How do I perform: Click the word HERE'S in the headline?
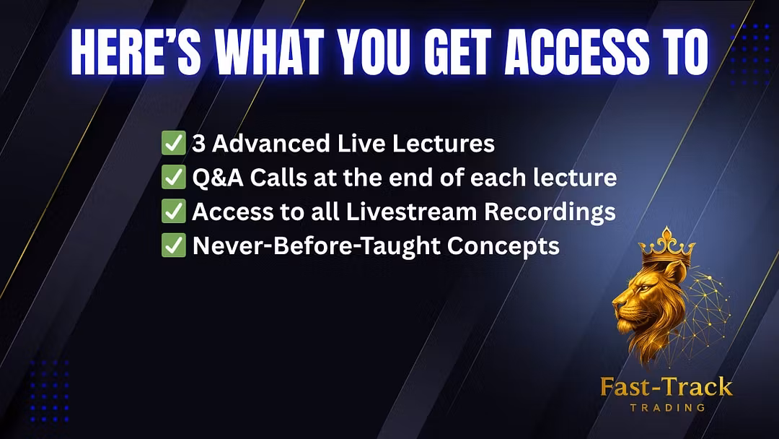point(136,52)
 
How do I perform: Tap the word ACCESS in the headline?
point(576,52)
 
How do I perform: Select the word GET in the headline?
point(457,52)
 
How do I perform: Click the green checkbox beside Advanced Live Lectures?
point(173,143)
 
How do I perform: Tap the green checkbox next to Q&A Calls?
point(173,177)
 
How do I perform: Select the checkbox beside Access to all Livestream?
point(173,211)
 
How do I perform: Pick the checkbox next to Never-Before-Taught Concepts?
point(173,245)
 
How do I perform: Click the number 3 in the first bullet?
point(198,144)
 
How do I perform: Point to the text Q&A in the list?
point(218,178)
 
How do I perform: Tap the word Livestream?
point(411,212)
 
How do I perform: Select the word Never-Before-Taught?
point(316,245)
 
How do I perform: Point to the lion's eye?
point(644,288)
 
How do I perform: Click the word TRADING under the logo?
point(667,408)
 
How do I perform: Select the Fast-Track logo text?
point(666,387)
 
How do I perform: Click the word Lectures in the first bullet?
point(443,144)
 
